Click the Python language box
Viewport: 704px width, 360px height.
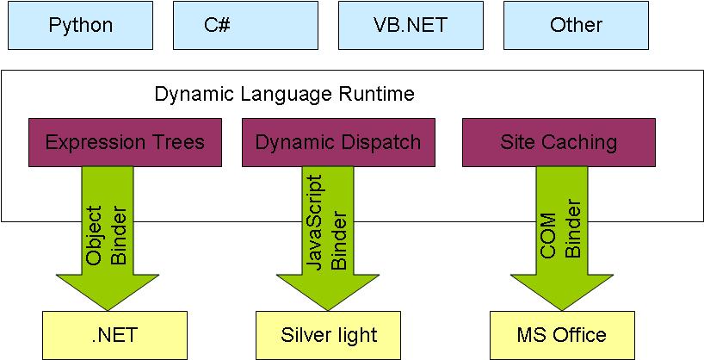[x=81, y=24]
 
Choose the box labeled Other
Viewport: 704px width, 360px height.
[x=576, y=24]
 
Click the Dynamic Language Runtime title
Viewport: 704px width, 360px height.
[x=284, y=93]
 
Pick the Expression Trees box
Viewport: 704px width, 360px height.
[x=125, y=142]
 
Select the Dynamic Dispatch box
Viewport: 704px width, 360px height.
[x=338, y=142]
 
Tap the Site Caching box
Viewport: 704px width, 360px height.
[x=559, y=142]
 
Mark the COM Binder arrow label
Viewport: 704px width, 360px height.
[x=560, y=229]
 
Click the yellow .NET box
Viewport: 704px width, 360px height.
[x=114, y=334]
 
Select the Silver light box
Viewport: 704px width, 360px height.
[x=329, y=334]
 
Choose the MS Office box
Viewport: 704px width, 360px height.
[x=562, y=334]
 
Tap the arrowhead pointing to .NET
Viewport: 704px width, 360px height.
[x=108, y=293]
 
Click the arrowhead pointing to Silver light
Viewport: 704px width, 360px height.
[x=328, y=293]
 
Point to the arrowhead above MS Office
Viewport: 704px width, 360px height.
[x=562, y=293]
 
